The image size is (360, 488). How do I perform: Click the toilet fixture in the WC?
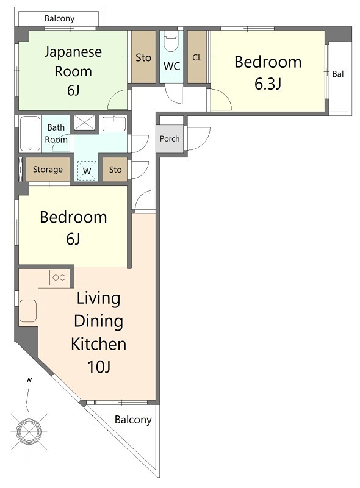[x=171, y=41]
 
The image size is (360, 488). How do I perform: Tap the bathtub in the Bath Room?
[x=30, y=134]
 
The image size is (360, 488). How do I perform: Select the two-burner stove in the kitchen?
[x=59, y=278]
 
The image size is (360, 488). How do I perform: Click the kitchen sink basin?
[x=28, y=310]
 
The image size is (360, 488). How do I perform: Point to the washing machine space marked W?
[x=87, y=171]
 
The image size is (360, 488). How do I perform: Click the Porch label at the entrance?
[x=170, y=139]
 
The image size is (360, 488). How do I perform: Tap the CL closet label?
[x=197, y=57]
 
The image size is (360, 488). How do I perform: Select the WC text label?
[x=171, y=66]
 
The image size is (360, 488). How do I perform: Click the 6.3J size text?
[x=268, y=84]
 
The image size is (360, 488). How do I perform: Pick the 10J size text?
[x=99, y=367]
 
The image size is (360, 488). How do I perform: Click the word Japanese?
[x=73, y=52]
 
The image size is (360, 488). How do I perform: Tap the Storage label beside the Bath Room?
[x=48, y=170]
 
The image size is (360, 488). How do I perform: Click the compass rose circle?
[x=29, y=432]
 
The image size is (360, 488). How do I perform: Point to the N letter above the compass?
[x=29, y=380]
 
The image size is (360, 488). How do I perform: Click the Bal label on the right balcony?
[x=338, y=74]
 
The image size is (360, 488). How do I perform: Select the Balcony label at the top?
[x=59, y=19]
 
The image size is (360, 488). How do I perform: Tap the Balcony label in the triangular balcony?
[x=133, y=420]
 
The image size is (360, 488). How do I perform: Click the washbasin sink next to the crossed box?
[x=114, y=124]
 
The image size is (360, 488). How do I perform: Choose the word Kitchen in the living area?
[x=98, y=344]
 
